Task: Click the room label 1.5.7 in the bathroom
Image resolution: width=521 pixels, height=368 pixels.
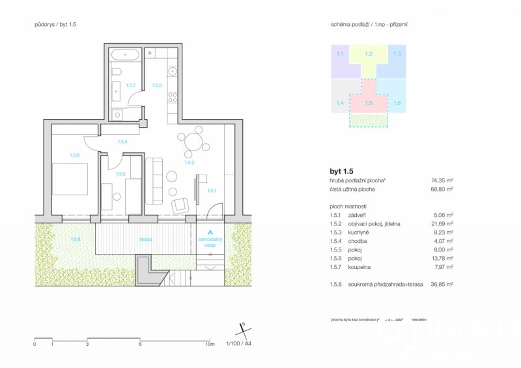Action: [130, 85]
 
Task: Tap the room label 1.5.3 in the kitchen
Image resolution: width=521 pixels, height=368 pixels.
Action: [157, 85]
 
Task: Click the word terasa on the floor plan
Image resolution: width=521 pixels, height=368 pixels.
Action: [145, 239]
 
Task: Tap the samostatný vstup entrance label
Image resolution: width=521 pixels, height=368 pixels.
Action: [210, 242]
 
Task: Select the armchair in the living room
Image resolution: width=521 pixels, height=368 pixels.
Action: [181, 205]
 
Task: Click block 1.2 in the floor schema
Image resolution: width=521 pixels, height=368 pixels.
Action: [369, 54]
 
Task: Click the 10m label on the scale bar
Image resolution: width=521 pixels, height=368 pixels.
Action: [210, 343]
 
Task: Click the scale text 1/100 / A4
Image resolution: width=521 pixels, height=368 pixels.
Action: [238, 343]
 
